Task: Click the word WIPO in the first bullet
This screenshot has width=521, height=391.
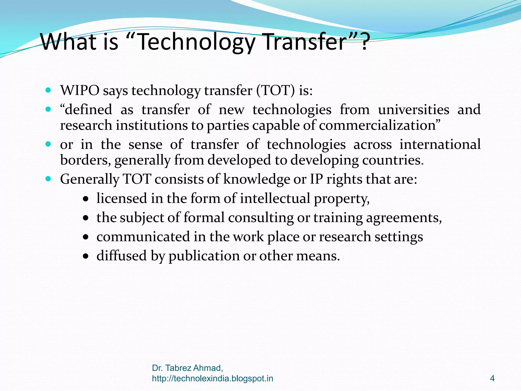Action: tap(80, 90)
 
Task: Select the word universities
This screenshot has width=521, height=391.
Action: tap(413, 110)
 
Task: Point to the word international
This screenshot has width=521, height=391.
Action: tap(440, 144)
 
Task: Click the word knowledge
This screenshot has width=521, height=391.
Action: tap(256, 179)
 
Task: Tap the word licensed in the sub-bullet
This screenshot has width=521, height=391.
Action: tap(122, 198)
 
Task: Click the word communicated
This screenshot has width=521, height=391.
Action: tap(143, 237)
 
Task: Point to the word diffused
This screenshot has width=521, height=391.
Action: tap(122, 256)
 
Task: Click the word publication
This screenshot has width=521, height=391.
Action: tap(204, 256)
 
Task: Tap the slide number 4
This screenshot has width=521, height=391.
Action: tap(492, 379)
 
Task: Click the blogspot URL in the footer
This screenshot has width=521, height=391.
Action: tap(212, 379)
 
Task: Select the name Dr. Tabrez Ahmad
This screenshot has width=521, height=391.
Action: tap(187, 368)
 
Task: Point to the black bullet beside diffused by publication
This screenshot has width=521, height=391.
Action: tap(86, 256)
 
